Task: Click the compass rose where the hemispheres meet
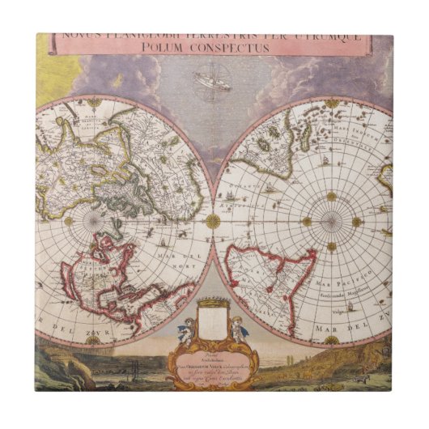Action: coord(213,220)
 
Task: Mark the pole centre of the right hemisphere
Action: coord(331,221)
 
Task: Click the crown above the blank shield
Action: coord(212,303)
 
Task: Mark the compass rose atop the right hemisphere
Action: coord(331,103)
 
